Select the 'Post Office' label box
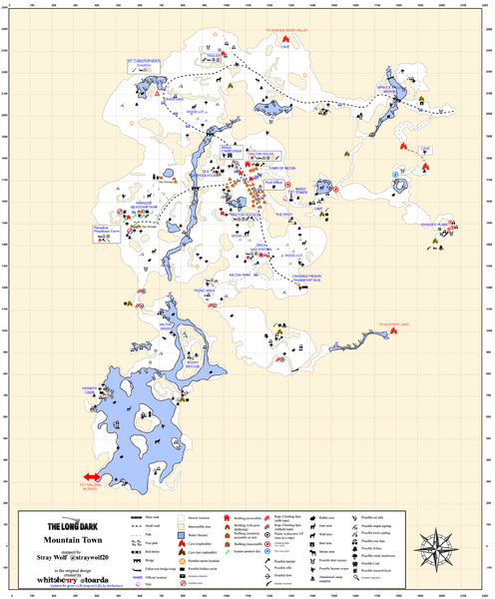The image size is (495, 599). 273,183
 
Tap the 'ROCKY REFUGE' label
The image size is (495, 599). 181,363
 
